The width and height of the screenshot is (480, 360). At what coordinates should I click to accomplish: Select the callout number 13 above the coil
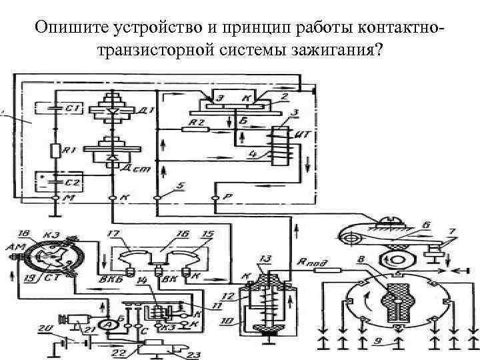pyautogui.click(x=266, y=259)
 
